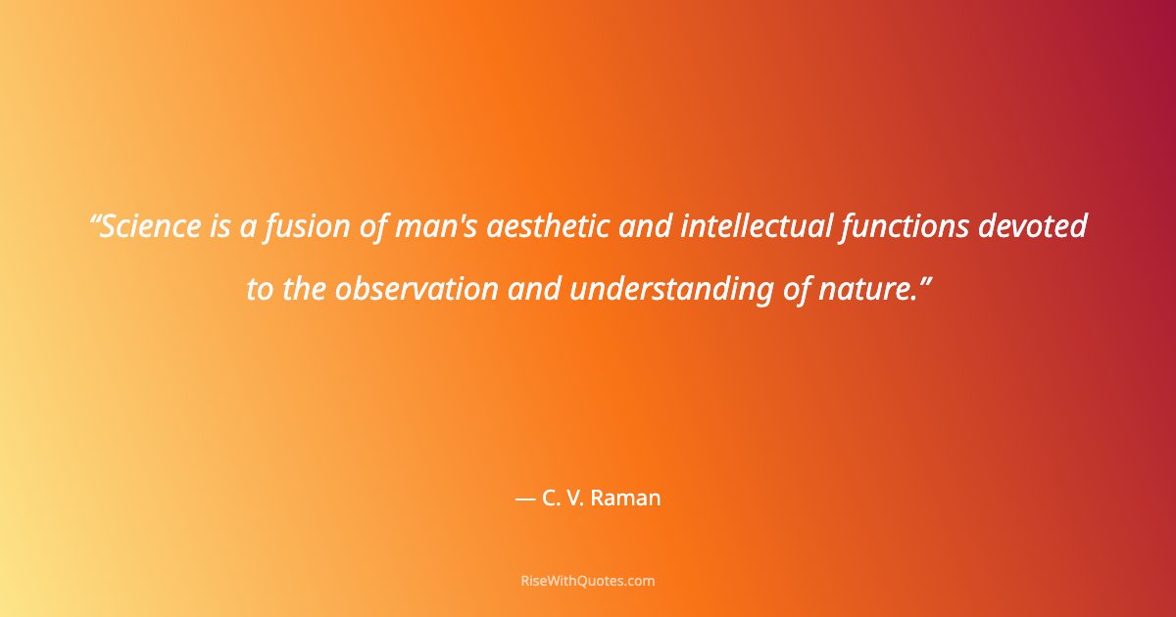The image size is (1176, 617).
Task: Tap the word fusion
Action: pos(297,227)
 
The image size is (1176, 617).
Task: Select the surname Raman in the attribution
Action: pos(628,498)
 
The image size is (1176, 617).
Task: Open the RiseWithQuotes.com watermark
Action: pos(588,581)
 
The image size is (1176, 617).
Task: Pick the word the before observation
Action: pos(304,290)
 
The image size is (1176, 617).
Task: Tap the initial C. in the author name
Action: pos(550,498)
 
